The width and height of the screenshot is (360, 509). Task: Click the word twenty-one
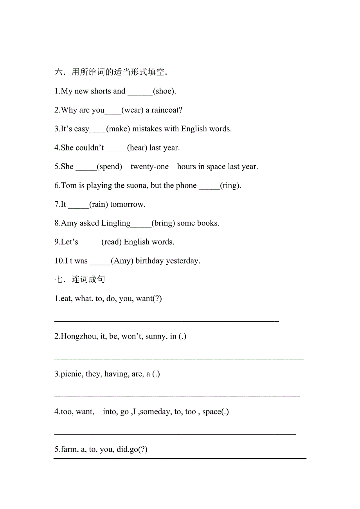(149, 167)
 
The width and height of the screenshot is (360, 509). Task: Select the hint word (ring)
(230, 186)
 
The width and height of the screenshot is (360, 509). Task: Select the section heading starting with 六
(112, 72)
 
